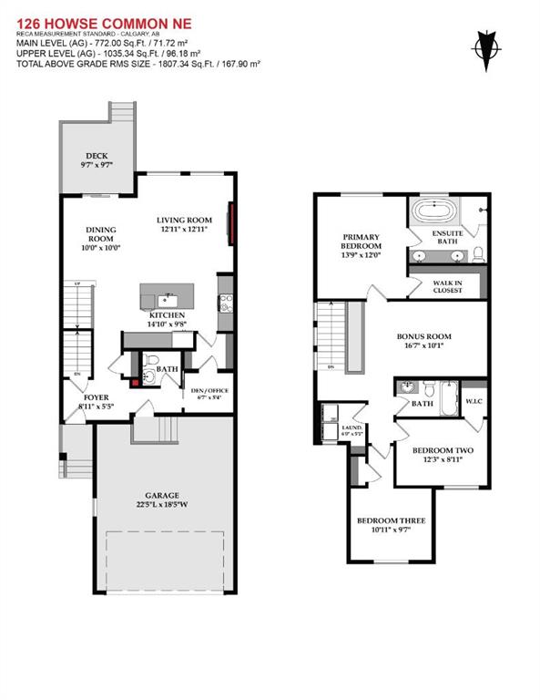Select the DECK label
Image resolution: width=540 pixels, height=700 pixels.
[x=97, y=156]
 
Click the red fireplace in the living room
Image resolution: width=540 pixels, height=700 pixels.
[x=234, y=224]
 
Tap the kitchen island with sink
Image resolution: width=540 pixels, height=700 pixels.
[x=166, y=296]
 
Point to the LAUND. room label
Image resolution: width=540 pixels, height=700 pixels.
[x=352, y=427]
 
